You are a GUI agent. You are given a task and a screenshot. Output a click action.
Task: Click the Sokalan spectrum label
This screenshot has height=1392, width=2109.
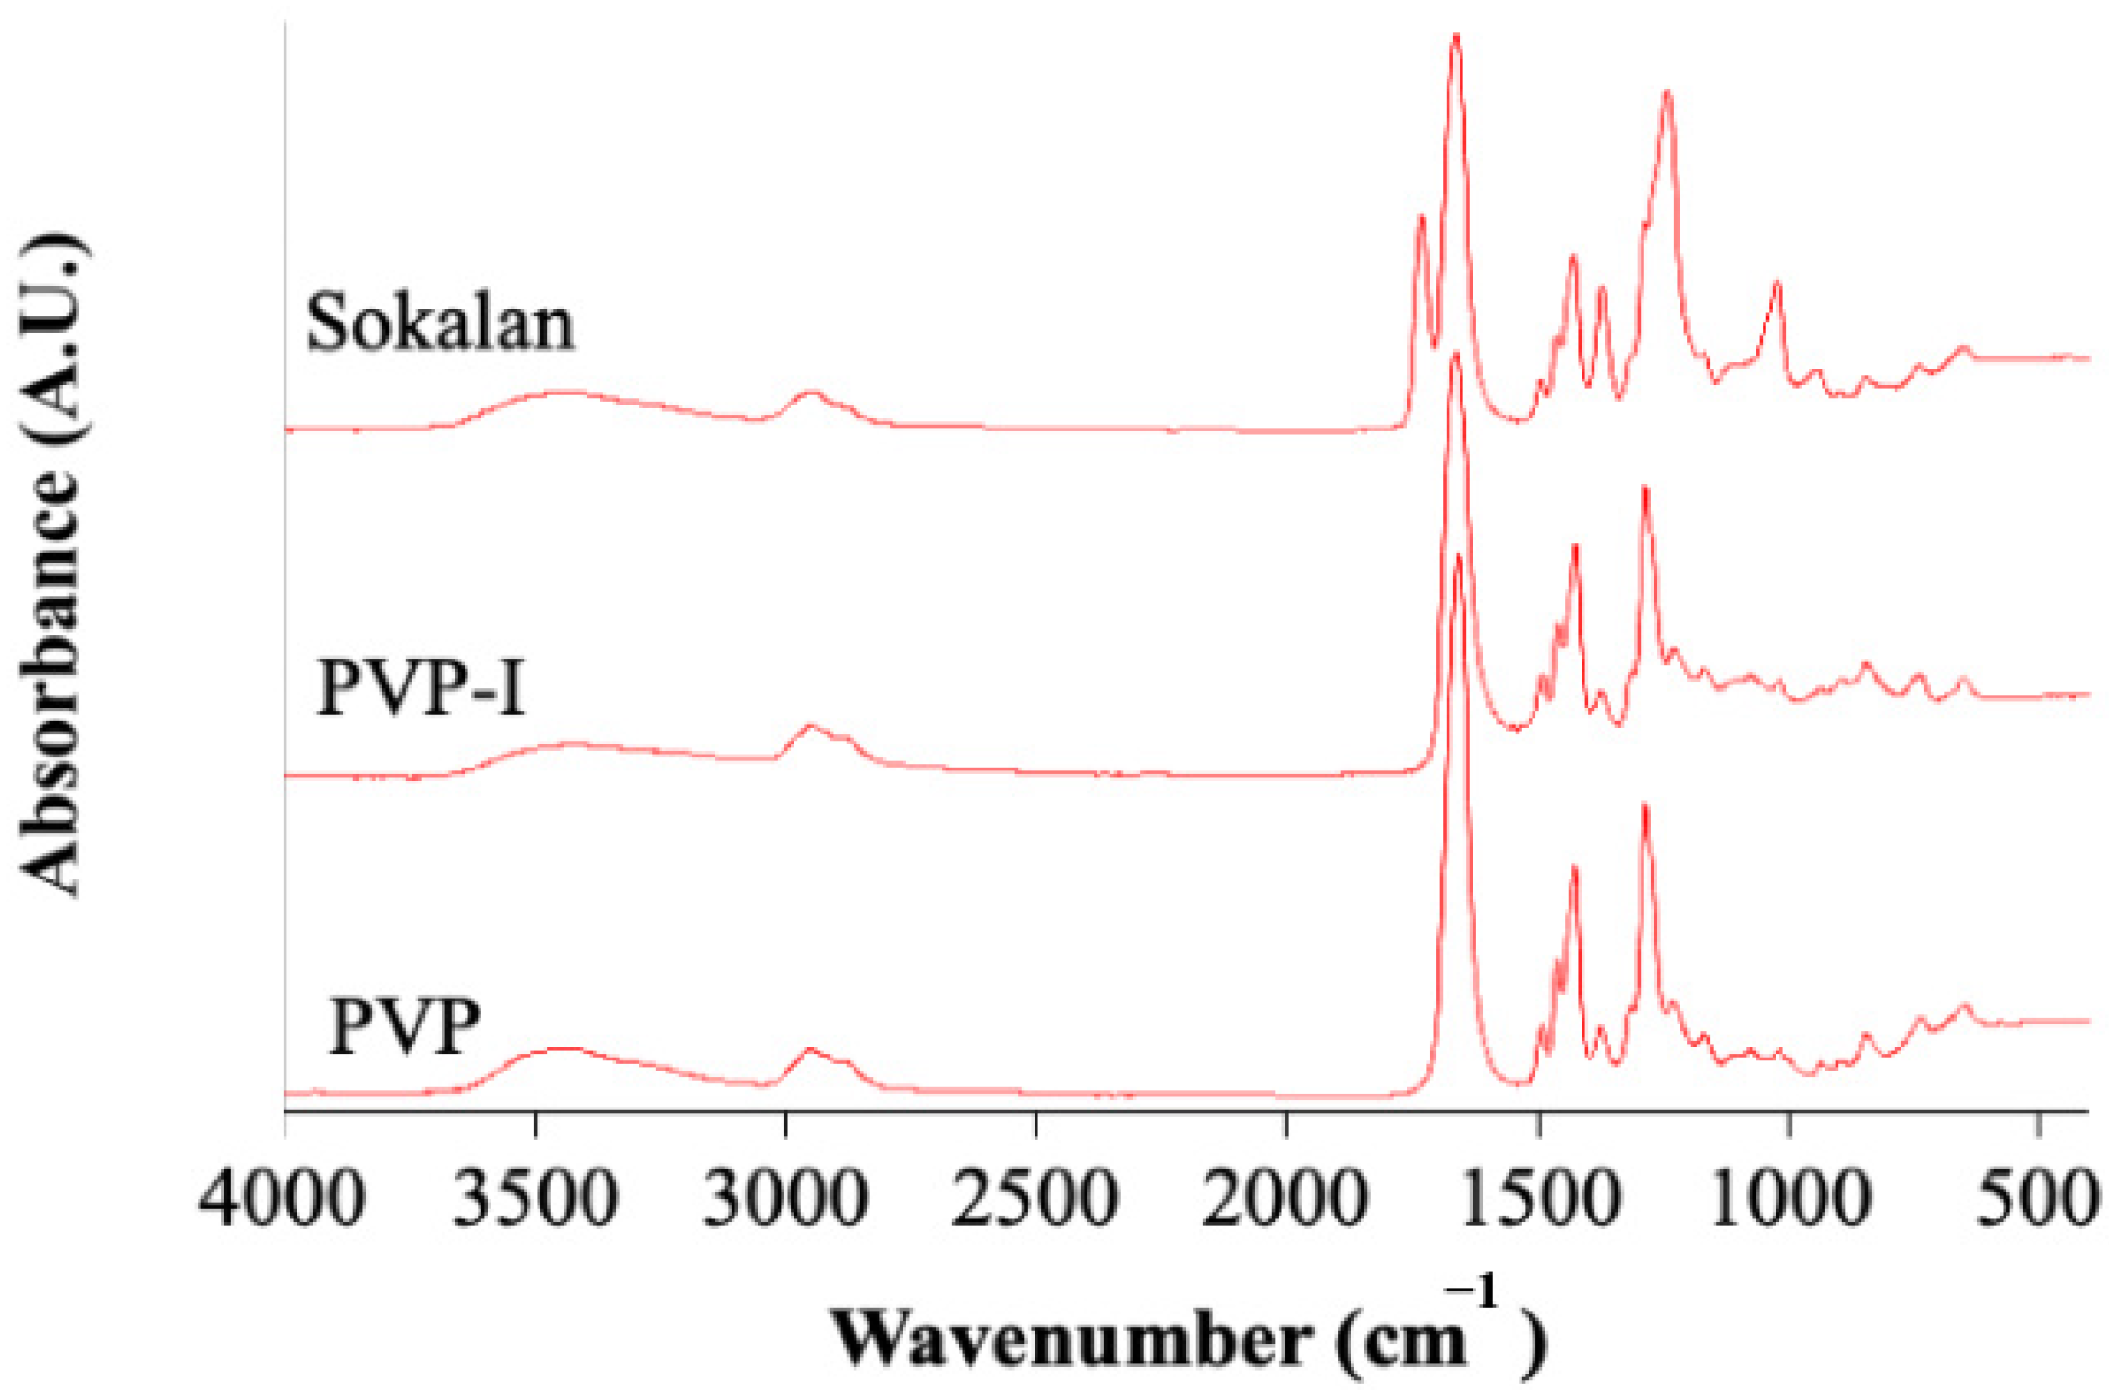pos(440,323)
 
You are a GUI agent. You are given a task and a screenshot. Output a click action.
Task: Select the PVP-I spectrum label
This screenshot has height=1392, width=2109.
pos(421,688)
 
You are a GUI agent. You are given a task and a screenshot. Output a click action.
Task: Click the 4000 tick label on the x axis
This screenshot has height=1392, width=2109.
pos(282,1199)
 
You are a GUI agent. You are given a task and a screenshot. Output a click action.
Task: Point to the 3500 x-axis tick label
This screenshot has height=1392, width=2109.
pos(535,1199)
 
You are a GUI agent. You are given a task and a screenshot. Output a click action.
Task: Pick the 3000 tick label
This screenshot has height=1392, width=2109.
pos(785,1199)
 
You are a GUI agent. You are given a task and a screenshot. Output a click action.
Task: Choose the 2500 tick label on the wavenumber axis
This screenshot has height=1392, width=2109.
pos(1036,1199)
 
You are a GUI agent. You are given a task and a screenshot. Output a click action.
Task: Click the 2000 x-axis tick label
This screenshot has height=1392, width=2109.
pos(1286,1199)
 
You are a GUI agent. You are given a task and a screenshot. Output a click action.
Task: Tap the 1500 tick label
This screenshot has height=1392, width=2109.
pos(1538,1199)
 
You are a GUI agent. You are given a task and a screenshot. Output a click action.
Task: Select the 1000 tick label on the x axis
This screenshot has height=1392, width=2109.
pos(1789,1199)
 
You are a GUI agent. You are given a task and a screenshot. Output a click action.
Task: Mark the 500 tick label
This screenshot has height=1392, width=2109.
pos(2037,1199)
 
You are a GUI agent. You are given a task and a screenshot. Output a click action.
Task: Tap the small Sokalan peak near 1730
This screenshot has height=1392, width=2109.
pos(1422,216)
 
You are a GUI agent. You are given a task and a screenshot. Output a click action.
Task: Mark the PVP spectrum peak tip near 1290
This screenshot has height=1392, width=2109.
pos(1644,805)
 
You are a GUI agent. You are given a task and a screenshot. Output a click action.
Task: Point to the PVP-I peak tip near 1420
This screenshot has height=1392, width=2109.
pos(1575,546)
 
